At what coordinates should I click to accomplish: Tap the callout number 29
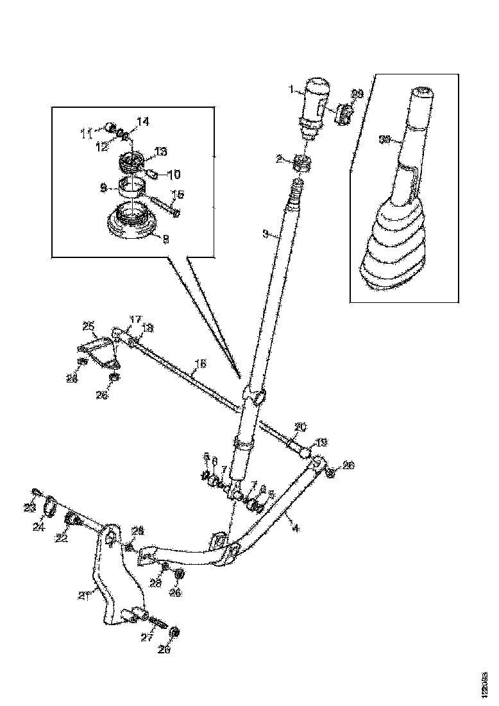click(357, 94)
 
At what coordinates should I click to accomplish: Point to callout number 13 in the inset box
click(160, 151)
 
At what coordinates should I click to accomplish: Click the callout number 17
click(135, 319)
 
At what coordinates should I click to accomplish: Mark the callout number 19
click(321, 442)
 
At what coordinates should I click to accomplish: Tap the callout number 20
click(301, 426)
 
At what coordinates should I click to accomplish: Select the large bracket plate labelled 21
click(112, 578)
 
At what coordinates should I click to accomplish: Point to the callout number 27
click(146, 638)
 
